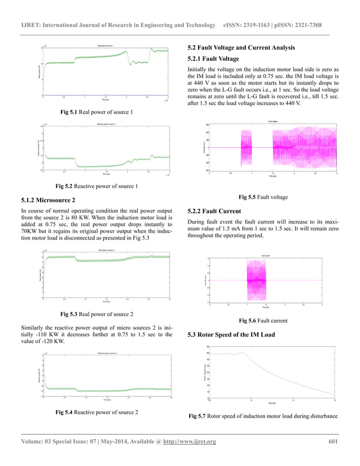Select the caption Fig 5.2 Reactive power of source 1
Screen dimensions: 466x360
98,186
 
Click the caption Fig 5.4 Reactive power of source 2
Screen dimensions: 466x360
96,412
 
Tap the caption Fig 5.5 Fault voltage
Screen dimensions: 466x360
264,197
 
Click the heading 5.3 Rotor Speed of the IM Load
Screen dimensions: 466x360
231,335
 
